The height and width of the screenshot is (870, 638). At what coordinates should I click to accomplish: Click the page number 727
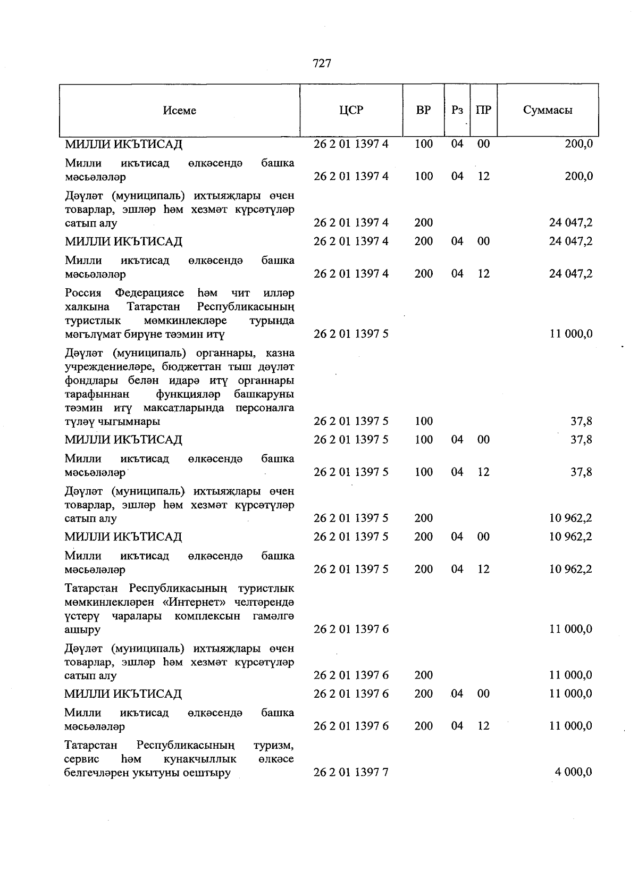tap(322, 64)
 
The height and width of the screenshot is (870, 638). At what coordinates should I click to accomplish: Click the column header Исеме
tap(180, 111)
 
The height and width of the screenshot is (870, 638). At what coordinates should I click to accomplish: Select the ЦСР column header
tap(351, 111)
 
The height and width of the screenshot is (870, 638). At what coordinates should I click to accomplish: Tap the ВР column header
tap(424, 111)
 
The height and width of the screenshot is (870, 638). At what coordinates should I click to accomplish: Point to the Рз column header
tap(457, 111)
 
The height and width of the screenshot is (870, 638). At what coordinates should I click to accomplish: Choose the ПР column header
tap(483, 111)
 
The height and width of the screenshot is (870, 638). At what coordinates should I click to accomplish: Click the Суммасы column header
tap(548, 111)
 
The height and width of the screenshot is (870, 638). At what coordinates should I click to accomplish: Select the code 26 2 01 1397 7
tap(351, 772)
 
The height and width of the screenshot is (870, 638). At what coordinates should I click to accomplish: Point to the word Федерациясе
tap(149, 293)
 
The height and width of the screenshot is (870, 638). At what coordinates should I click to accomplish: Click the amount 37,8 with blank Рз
tap(581, 421)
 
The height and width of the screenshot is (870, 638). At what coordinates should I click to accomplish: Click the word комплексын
tap(207, 616)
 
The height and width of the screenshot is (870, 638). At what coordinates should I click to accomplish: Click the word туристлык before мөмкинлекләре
tap(93, 321)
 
